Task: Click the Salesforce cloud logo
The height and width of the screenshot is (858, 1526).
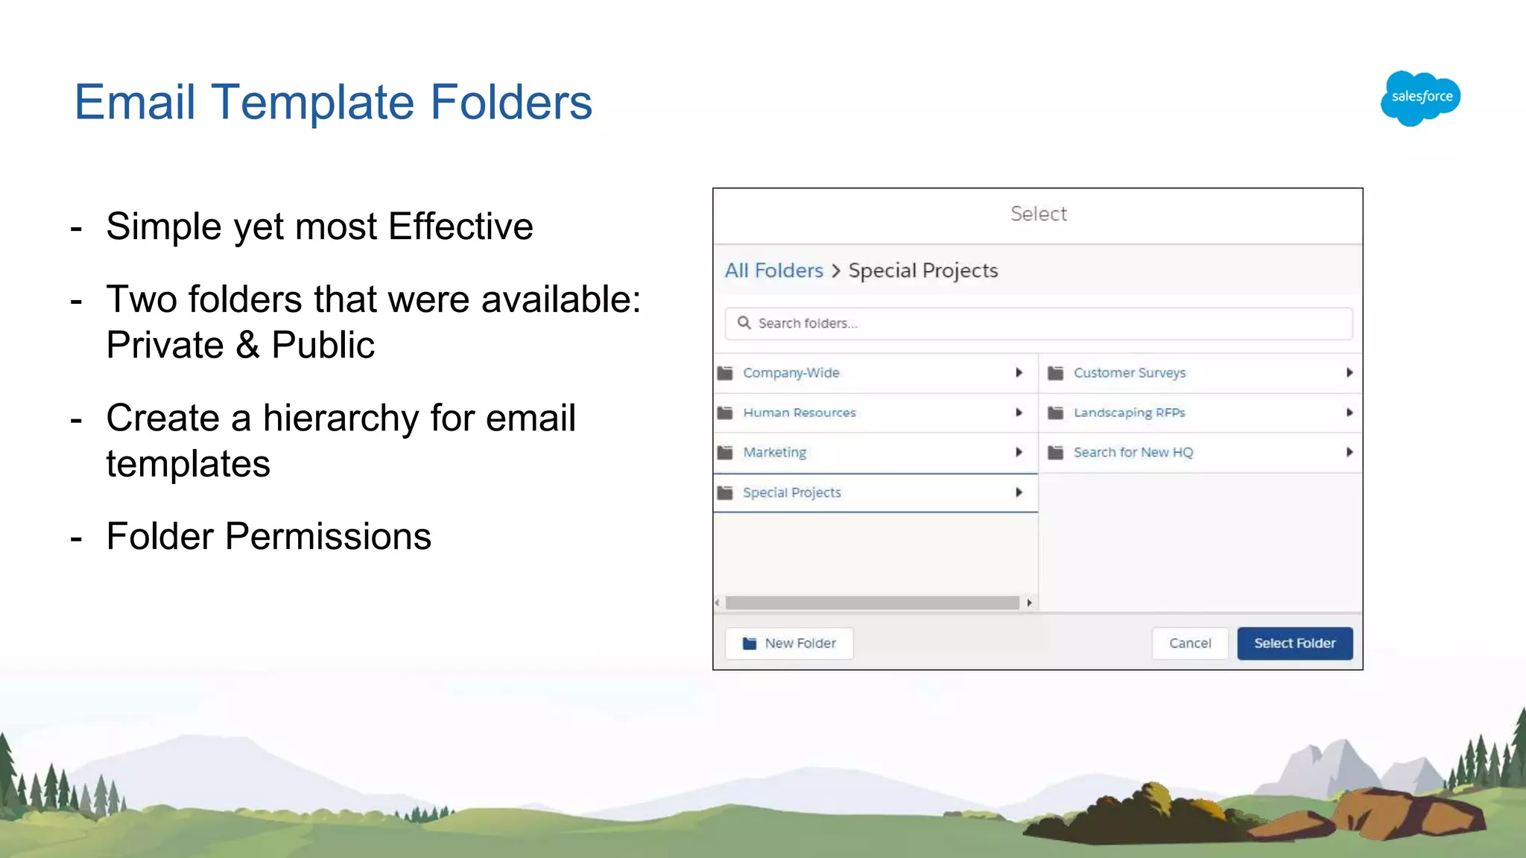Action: pos(1420,98)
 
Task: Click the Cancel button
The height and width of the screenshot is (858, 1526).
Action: pos(1189,643)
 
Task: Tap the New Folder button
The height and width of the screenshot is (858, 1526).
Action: pos(789,643)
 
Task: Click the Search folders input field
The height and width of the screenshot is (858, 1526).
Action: pos(1043,323)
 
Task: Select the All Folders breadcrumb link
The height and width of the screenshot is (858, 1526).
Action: pos(773,270)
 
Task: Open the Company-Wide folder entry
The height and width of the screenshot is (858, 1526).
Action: pos(791,373)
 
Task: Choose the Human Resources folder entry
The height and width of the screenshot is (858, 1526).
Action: pos(799,413)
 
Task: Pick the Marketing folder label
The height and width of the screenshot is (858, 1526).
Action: pos(774,453)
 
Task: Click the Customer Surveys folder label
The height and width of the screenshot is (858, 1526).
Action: pos(1129,373)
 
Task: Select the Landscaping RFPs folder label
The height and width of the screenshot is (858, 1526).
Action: pos(1129,413)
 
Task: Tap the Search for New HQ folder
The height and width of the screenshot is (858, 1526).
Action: pos(1133,453)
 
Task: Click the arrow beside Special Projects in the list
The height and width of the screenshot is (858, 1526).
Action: pos(1019,492)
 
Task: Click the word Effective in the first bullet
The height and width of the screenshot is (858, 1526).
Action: pos(460,226)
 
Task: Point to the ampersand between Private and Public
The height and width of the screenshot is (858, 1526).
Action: pos(247,346)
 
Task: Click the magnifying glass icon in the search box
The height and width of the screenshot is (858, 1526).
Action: pos(744,323)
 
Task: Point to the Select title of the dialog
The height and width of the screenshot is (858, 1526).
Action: pos(1038,214)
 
